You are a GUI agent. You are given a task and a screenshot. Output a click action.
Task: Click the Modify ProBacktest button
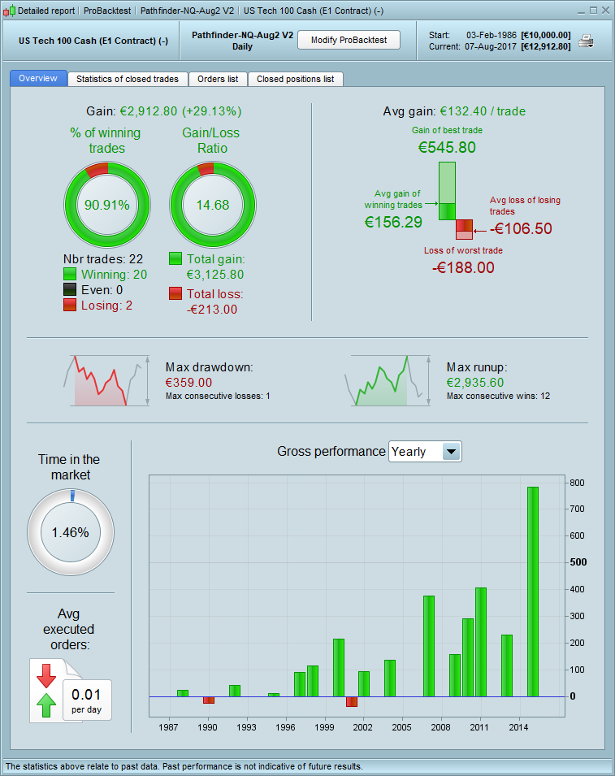point(349,40)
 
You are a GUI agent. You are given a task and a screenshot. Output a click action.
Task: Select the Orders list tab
point(218,79)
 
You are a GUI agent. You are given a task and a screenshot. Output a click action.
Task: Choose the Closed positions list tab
point(295,79)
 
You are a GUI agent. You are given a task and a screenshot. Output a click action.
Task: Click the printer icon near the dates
point(586,41)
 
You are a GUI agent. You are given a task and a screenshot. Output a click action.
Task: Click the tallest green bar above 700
point(533,592)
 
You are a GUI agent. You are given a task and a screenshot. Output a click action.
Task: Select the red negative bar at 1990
point(209,700)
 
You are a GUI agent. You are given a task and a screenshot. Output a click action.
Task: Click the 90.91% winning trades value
point(107,205)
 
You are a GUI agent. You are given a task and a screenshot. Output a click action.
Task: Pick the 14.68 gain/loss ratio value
point(213,205)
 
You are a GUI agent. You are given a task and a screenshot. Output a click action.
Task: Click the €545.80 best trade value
point(447,148)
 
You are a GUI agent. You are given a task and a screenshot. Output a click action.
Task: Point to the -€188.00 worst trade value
point(462,267)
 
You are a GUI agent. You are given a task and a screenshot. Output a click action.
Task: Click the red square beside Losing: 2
point(70,305)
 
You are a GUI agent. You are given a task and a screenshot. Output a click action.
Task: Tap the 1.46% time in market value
point(71,533)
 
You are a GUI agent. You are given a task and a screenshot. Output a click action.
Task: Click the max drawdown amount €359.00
point(188,382)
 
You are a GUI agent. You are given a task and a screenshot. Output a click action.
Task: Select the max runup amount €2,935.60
point(475,382)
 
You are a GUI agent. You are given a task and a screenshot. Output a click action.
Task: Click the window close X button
point(604,11)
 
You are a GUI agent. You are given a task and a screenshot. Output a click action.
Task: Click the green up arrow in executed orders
point(46,704)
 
